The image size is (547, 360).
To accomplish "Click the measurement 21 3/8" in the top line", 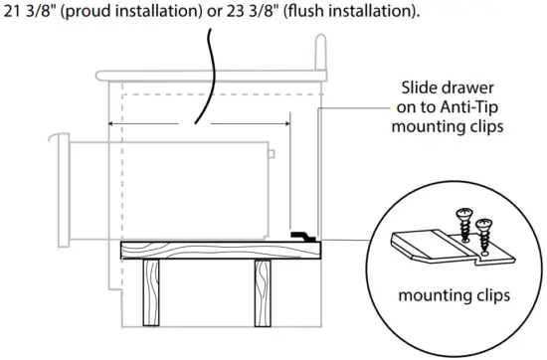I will (x=30, y=12).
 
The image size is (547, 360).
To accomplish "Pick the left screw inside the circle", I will (x=463, y=218).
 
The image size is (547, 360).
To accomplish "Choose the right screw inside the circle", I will (x=484, y=231).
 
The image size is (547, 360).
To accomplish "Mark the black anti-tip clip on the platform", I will (x=302, y=236).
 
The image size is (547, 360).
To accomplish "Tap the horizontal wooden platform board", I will (x=219, y=250).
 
